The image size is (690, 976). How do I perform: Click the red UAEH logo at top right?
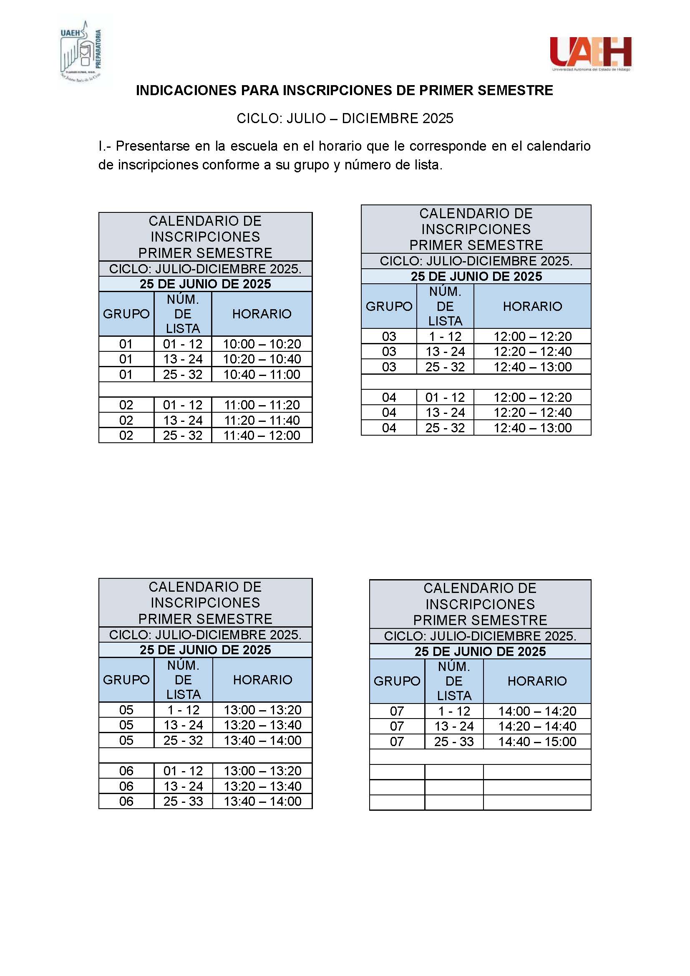point(591,53)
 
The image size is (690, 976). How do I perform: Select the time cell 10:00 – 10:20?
point(262,344)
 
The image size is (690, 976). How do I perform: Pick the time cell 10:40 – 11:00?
point(262,374)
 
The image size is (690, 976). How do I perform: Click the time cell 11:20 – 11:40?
point(262,421)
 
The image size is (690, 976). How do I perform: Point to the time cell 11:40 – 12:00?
point(262,435)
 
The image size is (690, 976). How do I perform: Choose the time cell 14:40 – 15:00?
point(537,742)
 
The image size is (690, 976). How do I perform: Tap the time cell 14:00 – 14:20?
point(537,711)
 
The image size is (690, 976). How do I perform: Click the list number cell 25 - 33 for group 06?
point(183,801)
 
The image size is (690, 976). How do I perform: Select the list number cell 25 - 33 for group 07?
point(454,742)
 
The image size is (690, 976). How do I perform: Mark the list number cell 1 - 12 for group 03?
point(445,337)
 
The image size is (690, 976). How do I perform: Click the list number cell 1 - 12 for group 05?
point(183,710)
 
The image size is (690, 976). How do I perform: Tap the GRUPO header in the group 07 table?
point(397,681)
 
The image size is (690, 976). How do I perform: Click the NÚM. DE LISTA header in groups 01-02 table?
point(183,314)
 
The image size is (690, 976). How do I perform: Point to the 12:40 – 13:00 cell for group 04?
point(532,428)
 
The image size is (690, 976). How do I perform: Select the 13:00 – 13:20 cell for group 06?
point(262,771)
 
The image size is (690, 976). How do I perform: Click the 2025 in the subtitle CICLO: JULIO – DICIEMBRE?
point(438,119)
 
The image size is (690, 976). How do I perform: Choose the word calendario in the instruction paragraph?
point(558,146)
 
